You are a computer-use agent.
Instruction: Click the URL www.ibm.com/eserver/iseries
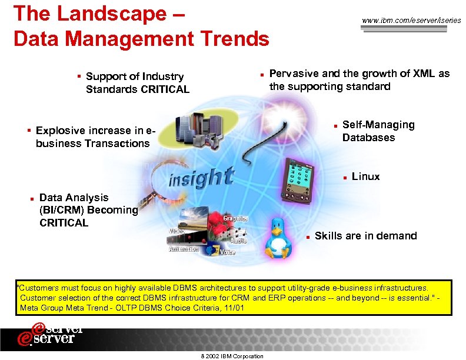[411, 21]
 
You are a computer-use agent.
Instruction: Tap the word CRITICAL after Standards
[165, 89]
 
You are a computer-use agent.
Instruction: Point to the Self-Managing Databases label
[378, 131]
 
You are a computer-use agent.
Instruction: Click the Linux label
[365, 176]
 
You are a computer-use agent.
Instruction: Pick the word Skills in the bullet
[328, 236]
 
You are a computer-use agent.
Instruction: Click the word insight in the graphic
[201, 176]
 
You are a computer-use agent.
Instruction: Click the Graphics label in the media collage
[235, 218]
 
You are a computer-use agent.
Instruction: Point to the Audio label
[238, 241]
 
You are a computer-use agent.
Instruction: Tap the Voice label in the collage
[227, 252]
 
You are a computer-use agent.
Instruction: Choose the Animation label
[184, 249]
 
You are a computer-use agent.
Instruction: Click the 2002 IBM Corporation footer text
[232, 356]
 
